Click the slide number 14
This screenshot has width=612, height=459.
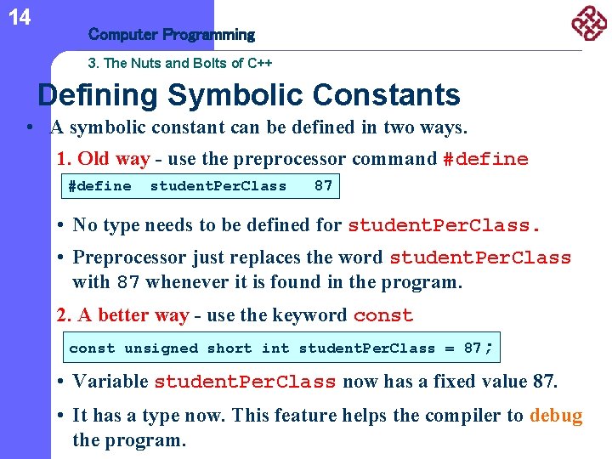(x=19, y=17)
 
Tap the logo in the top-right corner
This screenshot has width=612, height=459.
(x=587, y=23)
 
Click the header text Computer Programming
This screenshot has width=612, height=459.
(x=172, y=35)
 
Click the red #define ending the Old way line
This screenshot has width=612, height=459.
(x=485, y=160)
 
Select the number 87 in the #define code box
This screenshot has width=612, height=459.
(x=323, y=185)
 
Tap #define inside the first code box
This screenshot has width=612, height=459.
(x=99, y=185)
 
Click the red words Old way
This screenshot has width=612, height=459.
(x=114, y=159)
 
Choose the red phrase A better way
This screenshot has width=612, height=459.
(x=133, y=315)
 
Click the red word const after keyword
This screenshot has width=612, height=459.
(x=382, y=316)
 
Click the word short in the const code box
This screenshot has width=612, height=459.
(x=229, y=348)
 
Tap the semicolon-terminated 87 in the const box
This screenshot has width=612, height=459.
(x=478, y=348)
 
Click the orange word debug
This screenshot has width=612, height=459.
(x=556, y=416)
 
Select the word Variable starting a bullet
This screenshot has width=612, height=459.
(x=110, y=382)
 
